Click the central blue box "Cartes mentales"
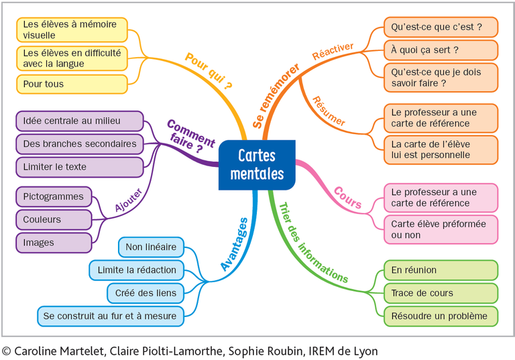[x=257, y=165]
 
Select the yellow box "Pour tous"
[x=72, y=84]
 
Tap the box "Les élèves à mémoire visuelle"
[x=72, y=30]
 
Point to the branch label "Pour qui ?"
[x=209, y=71]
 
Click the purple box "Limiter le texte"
[x=80, y=167]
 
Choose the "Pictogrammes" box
[x=54, y=196]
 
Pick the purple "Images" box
[x=54, y=243]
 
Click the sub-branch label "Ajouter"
[x=129, y=200]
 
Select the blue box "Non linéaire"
[x=151, y=247]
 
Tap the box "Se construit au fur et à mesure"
[x=111, y=316]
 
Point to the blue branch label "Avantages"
[x=234, y=245]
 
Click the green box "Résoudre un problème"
[x=441, y=316]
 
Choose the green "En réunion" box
[x=441, y=270]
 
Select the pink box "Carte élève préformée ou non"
[x=441, y=229]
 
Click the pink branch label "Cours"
[x=347, y=198]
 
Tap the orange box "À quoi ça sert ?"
[x=441, y=50]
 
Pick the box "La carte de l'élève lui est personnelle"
[x=441, y=149]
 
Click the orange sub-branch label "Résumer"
[x=329, y=111]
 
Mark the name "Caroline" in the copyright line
[x=36, y=351]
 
